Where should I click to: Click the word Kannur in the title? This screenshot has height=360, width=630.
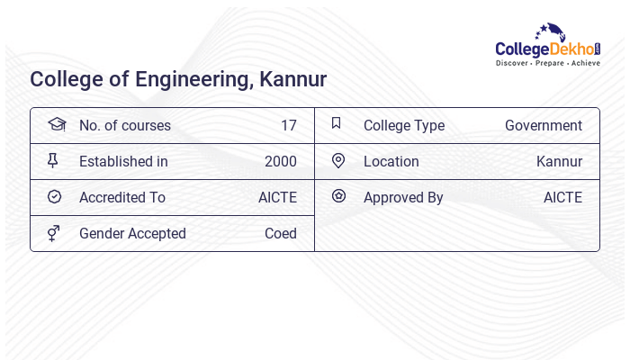pos(292,79)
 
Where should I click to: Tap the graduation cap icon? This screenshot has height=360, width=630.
pos(56,124)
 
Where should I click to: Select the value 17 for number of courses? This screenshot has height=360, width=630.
pos(288,125)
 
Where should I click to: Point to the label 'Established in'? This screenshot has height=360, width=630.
pos(123,161)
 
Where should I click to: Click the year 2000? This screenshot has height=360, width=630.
pos(280,161)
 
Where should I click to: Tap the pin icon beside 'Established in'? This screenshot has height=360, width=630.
pos(53,160)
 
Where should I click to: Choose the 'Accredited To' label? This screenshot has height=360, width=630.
pos(122,197)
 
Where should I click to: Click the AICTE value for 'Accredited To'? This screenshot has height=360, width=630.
pos(277,197)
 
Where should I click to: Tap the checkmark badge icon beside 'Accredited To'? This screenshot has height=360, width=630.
pos(54,196)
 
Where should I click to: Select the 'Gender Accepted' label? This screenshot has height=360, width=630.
pos(132,233)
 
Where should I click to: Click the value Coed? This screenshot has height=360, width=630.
pos(280,233)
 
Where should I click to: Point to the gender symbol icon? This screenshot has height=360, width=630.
pos(53,233)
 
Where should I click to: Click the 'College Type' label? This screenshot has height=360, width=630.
pos(404,125)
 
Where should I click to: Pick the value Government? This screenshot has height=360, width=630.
pos(544,125)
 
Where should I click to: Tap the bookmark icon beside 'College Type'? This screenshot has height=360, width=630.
pos(337,123)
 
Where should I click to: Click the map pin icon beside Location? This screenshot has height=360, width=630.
pos(338,160)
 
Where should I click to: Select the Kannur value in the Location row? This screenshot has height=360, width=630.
pos(559,161)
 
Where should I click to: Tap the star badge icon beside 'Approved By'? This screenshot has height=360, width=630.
pos(338,195)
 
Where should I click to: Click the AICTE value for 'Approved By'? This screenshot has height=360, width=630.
pos(562,197)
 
